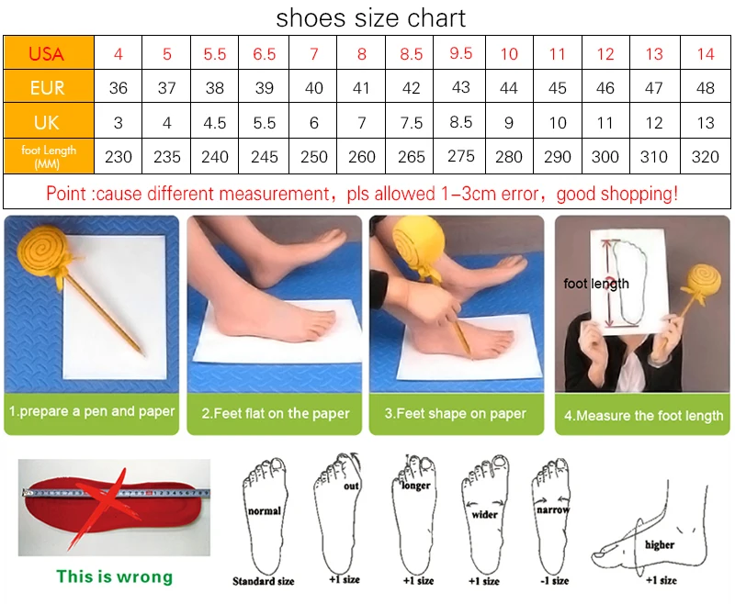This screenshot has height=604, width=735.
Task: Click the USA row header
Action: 49,53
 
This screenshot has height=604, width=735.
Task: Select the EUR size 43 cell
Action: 460,87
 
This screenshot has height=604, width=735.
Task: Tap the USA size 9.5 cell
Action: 460,53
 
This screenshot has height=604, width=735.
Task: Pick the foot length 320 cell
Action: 705,156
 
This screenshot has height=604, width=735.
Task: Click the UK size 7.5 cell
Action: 410,123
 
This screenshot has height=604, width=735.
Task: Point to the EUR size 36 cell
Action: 119,87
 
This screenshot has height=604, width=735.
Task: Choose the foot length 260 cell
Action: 361,156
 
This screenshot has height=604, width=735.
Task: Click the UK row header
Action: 49,121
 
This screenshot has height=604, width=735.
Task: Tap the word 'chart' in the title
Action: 435,18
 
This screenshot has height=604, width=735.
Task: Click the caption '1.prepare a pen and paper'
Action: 92,411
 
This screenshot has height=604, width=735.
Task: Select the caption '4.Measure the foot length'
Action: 644,415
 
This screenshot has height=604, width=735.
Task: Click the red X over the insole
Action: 111,507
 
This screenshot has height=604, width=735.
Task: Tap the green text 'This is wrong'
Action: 114,576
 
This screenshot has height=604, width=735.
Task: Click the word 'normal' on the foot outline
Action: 265,510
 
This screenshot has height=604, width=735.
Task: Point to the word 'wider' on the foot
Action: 485,515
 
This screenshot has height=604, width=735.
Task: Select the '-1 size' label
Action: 555,581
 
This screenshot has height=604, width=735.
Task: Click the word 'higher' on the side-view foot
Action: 660,544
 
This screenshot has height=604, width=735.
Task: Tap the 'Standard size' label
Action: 264,581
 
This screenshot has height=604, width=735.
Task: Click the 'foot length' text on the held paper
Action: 596,284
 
